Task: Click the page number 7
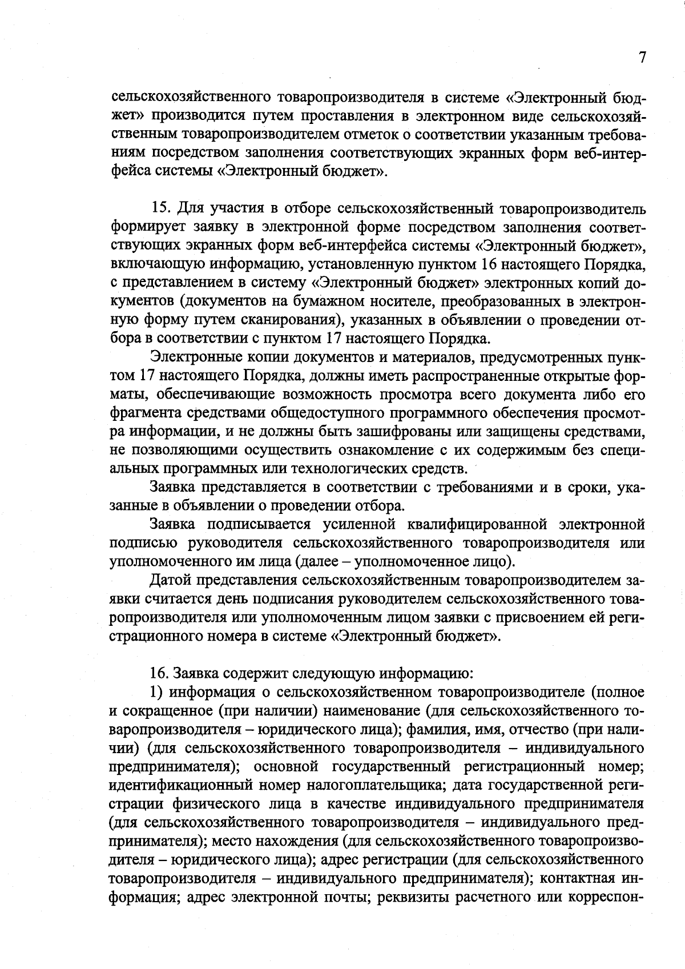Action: coord(642,58)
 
